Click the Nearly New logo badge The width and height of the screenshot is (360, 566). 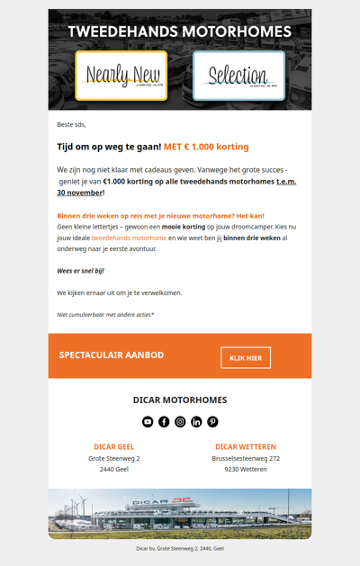(121, 76)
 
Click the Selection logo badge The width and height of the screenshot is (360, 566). (238, 76)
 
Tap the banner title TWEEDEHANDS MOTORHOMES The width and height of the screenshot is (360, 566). (180, 31)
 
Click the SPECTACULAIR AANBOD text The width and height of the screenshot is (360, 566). (112, 355)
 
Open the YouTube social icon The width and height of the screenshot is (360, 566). (148, 421)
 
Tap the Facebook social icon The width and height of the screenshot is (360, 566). (164, 421)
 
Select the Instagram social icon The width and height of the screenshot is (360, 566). (180, 421)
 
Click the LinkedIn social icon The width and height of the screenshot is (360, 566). (196, 421)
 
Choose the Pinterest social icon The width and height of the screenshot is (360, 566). (212, 421)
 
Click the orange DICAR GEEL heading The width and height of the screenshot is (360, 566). (114, 446)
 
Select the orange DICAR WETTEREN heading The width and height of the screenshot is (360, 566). (246, 446)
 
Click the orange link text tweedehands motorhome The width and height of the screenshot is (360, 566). (129, 238)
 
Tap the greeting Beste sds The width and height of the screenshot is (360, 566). (71, 124)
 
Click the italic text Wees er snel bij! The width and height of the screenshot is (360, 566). (81, 270)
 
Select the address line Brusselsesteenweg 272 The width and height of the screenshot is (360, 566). (246, 458)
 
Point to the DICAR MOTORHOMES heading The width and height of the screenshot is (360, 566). (180, 400)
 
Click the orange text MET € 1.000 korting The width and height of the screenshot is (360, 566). (206, 147)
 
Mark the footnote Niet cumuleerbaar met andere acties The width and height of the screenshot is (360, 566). (105, 315)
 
